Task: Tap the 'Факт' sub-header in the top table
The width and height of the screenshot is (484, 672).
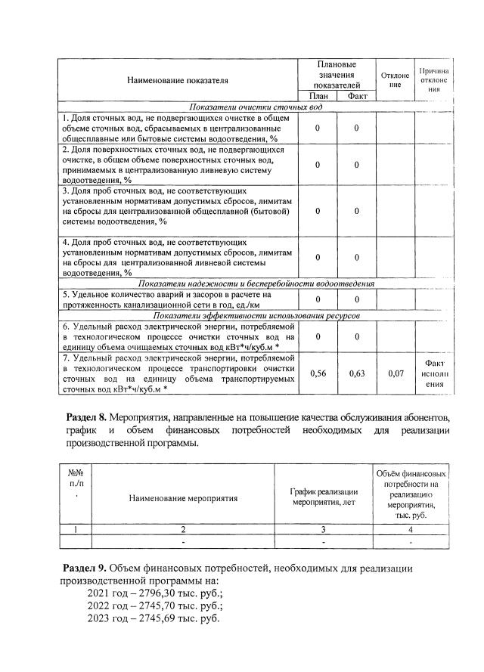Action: [356, 96]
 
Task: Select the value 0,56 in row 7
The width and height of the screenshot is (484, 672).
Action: [317, 373]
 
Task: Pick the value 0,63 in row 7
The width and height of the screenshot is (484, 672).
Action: [356, 373]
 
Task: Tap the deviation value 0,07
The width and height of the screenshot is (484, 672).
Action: [395, 373]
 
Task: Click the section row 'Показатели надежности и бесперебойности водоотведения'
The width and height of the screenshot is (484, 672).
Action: [256, 283]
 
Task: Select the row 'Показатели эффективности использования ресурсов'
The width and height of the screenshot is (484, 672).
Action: [256, 314]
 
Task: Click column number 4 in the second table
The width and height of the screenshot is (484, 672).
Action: [409, 530]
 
